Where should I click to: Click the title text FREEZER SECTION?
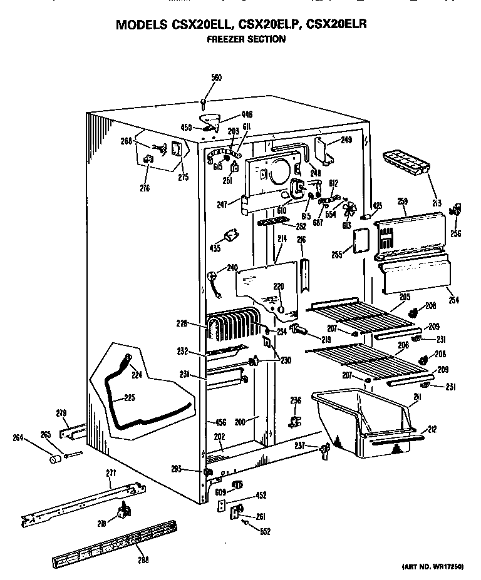pyautogui.click(x=246, y=39)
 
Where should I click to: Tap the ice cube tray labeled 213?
pyautogui.click(x=406, y=163)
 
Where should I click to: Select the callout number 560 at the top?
pyautogui.click(x=215, y=78)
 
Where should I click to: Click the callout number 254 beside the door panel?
pyautogui.click(x=453, y=300)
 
